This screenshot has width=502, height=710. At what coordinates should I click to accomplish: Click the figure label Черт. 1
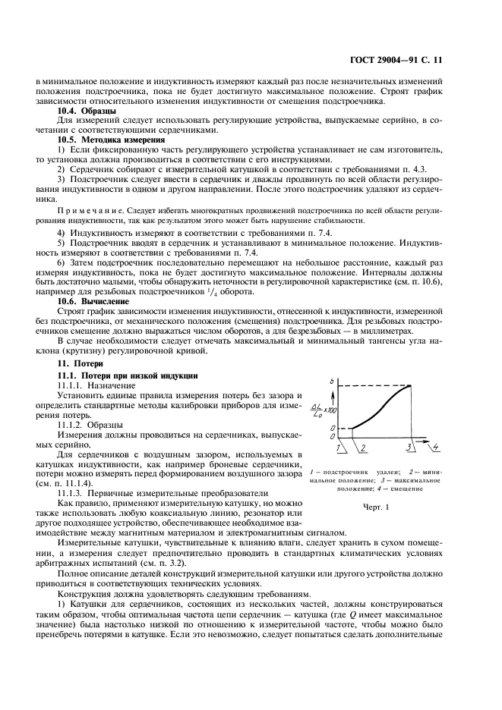click(375, 507)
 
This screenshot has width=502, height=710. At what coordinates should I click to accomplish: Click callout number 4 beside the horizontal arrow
click(436, 448)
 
